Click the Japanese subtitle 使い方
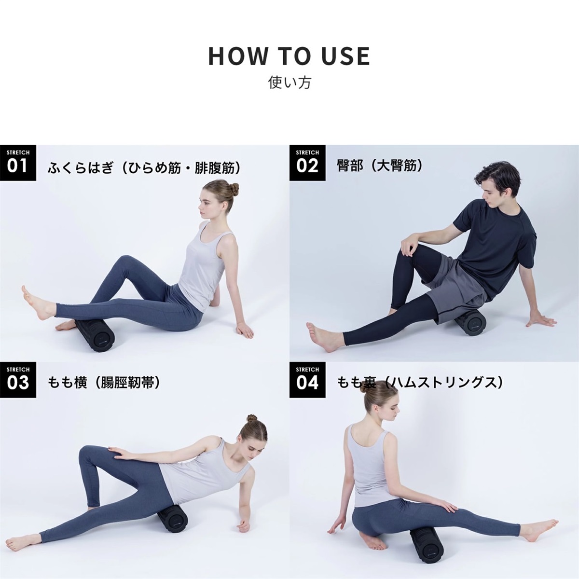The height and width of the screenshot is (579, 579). click(289, 83)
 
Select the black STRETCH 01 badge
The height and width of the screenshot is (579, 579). click(18, 163)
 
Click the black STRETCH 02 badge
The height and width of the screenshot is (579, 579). click(307, 163)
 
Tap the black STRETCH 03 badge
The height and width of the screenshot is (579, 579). click(18, 380)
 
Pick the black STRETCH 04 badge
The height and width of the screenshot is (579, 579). click(307, 380)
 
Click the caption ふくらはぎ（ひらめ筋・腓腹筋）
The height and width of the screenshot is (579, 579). click(144, 168)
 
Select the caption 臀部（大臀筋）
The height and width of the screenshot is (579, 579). click(380, 166)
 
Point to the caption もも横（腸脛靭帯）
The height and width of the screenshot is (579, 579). click(104, 383)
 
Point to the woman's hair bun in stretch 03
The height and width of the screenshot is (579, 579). click(252, 418)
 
